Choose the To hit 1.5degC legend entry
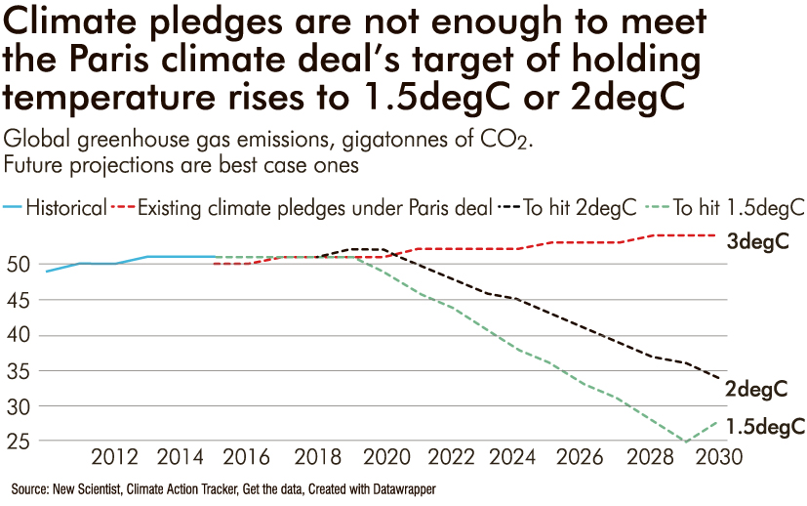tap(738, 208)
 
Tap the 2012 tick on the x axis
tap(114, 457)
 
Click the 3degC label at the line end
tap(757, 242)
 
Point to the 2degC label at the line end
tap(757, 389)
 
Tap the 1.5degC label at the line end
tap(766, 426)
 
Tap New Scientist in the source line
tap(87, 486)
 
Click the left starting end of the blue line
tap(47, 271)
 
